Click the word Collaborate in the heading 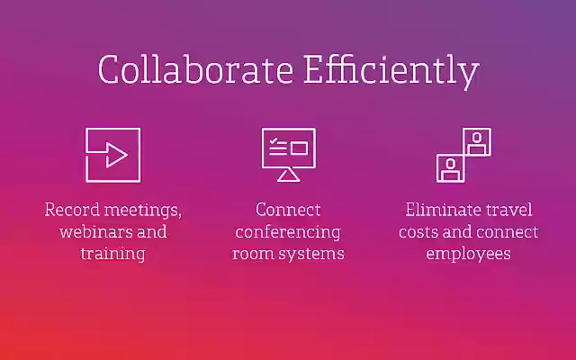pyautogui.click(x=171, y=70)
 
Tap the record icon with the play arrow pyautogui.click(x=112, y=155)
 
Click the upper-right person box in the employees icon pyautogui.click(x=476, y=141)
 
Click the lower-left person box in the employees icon pyautogui.click(x=449, y=167)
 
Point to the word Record pyautogui.click(x=71, y=210)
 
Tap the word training pyautogui.click(x=112, y=254)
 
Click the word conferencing pyautogui.click(x=288, y=232)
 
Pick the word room pyautogui.click(x=251, y=254)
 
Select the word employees pyautogui.click(x=468, y=254)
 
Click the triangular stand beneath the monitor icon pyautogui.click(x=288, y=175)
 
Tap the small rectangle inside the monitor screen pyautogui.click(x=298, y=148)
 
